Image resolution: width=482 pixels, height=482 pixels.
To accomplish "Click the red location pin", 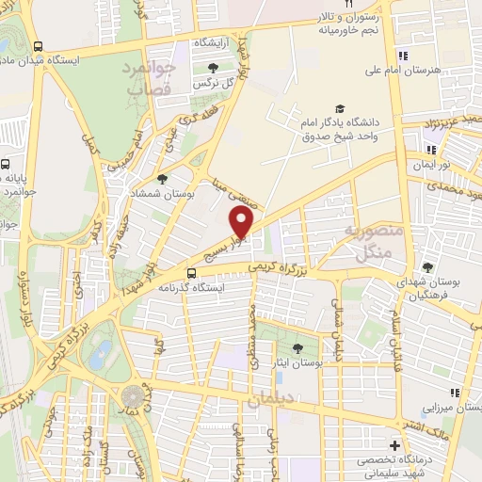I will coord(242,222).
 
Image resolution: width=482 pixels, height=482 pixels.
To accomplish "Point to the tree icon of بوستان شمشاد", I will coord(163,177).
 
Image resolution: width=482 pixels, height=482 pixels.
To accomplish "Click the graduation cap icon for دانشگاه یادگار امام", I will coord(339,108).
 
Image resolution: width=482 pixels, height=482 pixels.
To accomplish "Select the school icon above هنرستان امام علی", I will coord(403,54).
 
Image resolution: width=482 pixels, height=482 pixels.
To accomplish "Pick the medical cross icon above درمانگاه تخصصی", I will coord(394,444).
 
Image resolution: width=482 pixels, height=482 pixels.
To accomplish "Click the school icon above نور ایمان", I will coord(431,149).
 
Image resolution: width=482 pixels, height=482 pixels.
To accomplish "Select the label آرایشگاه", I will coord(214,44).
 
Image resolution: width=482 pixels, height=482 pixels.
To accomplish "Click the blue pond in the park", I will coord(99,355).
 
